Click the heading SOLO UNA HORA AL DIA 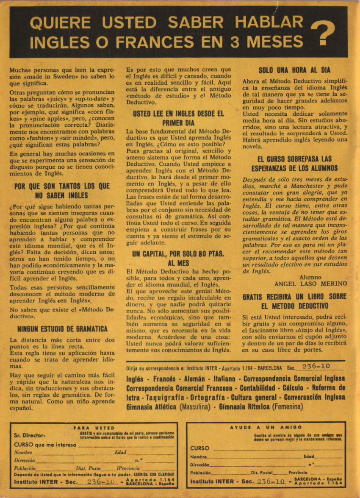point(294,70)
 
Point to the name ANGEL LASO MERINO point(310,284)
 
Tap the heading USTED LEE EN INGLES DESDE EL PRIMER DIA point(178,118)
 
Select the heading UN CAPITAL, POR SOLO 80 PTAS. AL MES point(178,258)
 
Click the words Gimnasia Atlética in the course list point(151,407)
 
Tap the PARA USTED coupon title point(94,428)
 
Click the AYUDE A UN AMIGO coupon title point(266,427)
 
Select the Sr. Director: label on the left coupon point(29,435)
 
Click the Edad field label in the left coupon point(120,453)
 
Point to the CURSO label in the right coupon point(199,448)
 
